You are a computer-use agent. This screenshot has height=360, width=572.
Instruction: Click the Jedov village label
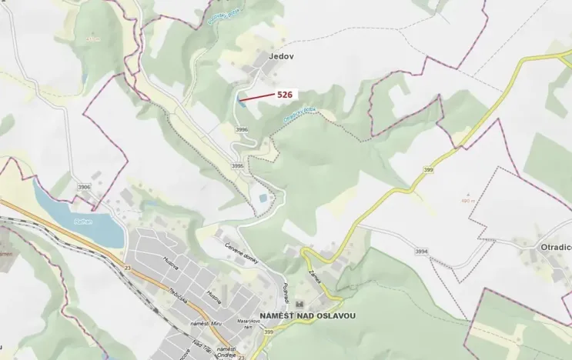pos(281,56)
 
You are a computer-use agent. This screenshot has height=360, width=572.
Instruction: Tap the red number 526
pos(286,93)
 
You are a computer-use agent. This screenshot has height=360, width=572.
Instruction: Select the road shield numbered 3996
pos(242,130)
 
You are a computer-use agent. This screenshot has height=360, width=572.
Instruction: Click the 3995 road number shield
pos(237,165)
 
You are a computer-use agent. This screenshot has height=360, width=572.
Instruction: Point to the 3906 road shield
pos(84,187)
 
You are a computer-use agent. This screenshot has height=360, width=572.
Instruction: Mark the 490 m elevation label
pos(467,199)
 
